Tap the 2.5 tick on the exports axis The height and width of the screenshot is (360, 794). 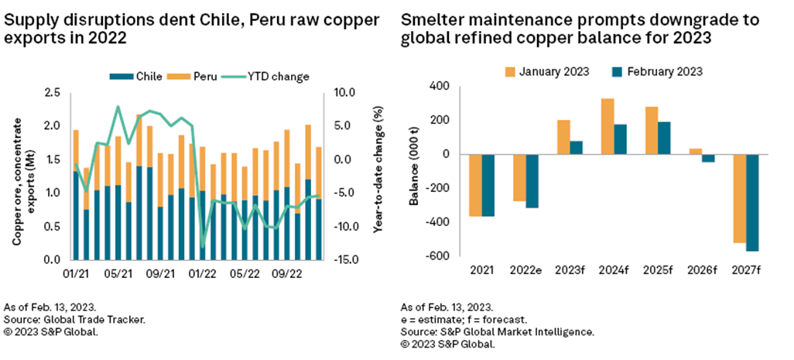[x=54, y=92]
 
